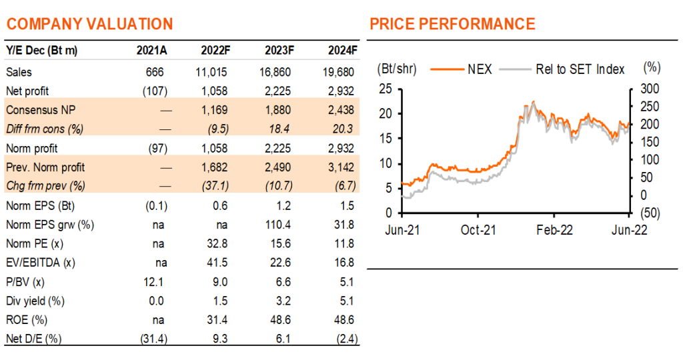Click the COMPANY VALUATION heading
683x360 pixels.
(90, 24)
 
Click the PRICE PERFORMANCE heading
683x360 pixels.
(453, 24)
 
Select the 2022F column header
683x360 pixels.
(215, 51)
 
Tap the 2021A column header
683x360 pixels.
(151, 51)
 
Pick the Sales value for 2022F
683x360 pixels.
(211, 72)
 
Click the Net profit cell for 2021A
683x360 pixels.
(155, 91)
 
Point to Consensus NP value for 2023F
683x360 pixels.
(278, 110)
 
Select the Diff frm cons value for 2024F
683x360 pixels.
(344, 129)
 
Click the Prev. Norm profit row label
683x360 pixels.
(45, 167)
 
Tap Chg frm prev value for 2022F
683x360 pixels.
(215, 186)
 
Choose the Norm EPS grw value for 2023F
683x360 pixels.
(277, 225)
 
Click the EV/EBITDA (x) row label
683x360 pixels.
(41, 263)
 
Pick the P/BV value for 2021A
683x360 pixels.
(153, 282)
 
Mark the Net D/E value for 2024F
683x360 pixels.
(347, 339)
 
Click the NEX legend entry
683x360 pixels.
(462, 69)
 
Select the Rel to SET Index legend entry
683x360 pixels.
(562, 69)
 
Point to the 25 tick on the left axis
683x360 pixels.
(386, 89)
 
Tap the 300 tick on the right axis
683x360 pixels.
(650, 89)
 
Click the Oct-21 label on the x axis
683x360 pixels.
(478, 230)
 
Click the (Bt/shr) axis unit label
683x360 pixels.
(397, 69)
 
